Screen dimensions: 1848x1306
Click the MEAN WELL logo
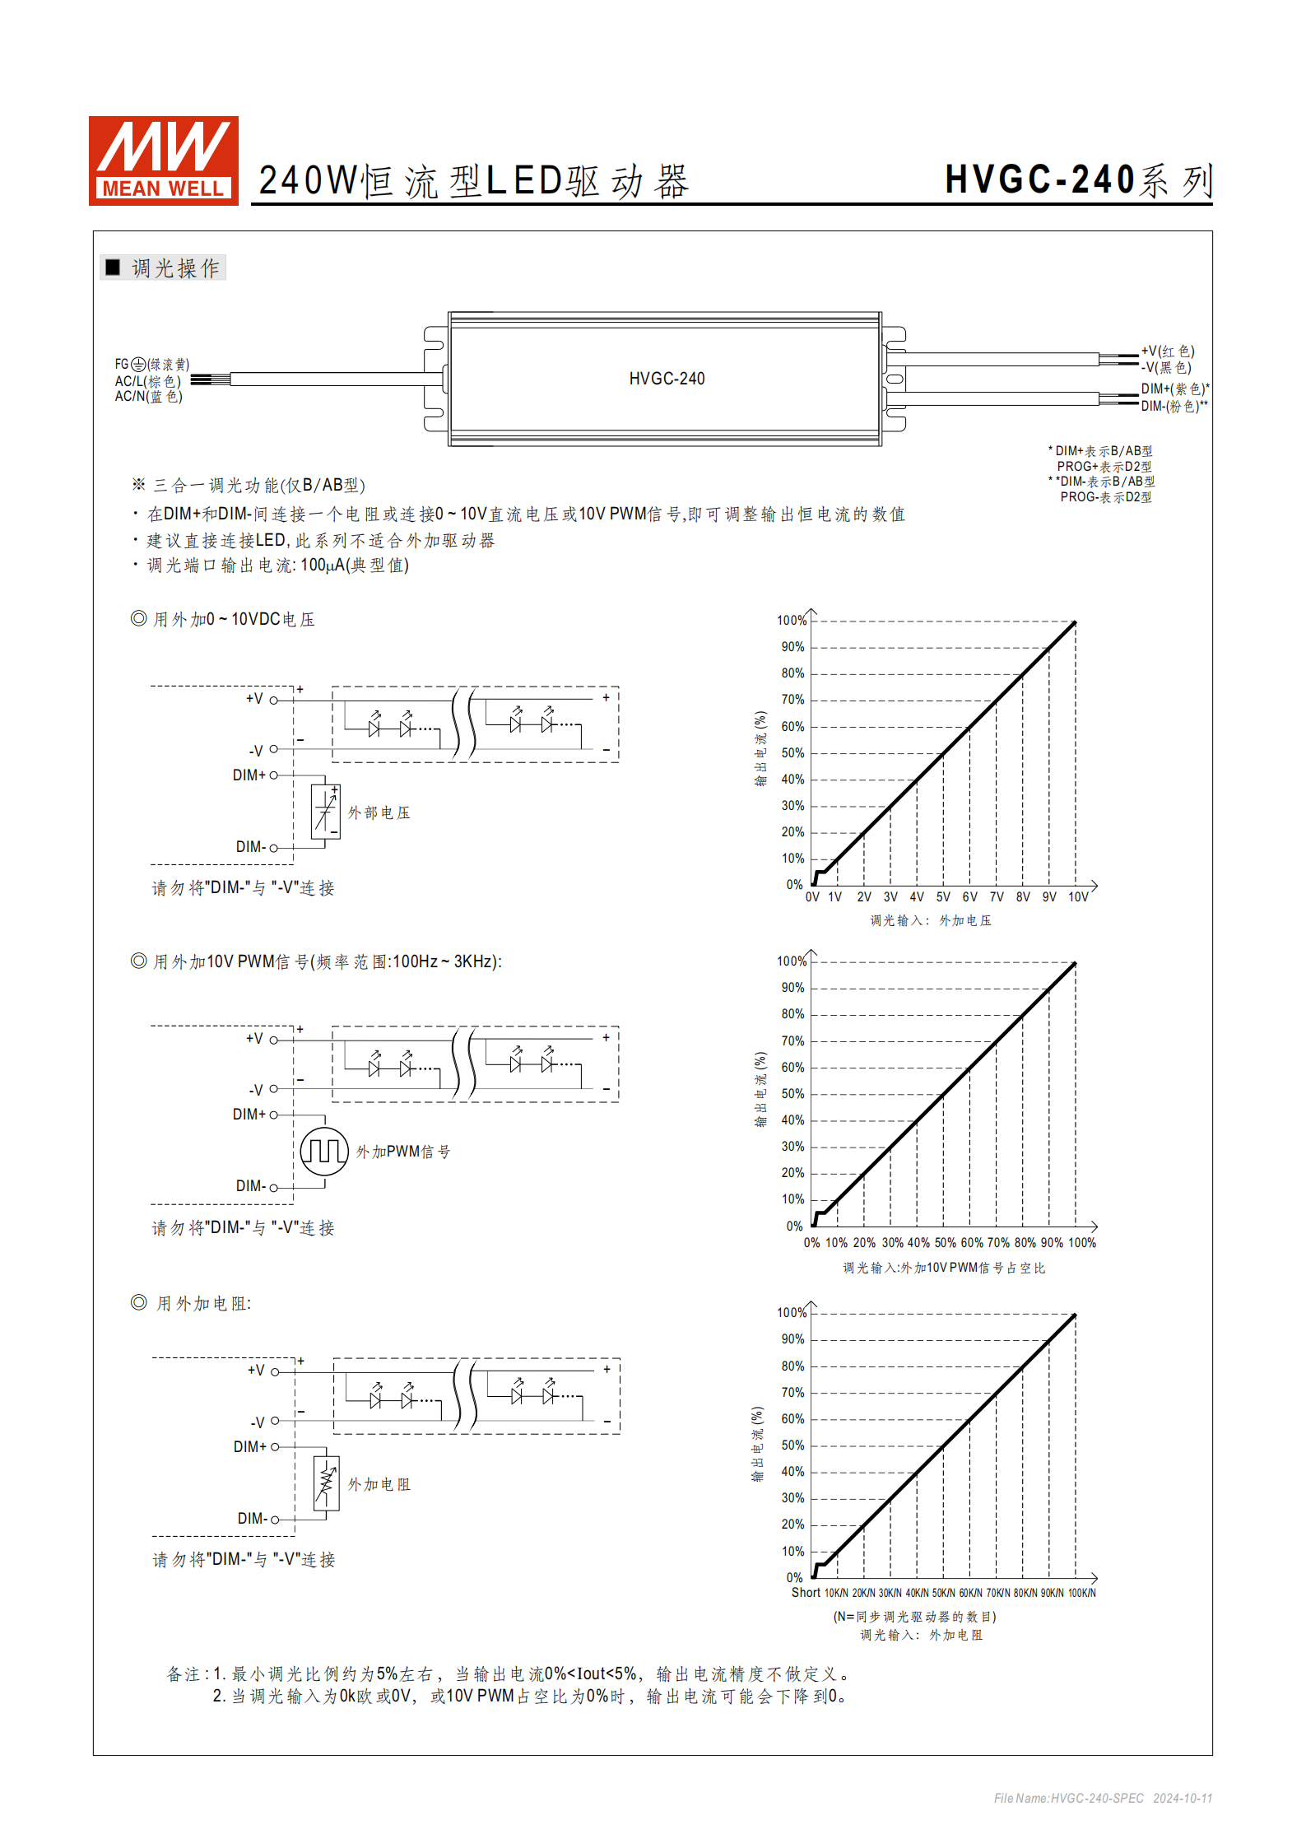(x=163, y=161)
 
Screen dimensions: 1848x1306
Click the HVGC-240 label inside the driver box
(x=667, y=379)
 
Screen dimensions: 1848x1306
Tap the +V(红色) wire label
(x=1167, y=351)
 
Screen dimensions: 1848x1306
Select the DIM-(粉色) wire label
(x=1174, y=406)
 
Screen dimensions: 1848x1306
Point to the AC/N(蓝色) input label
(x=148, y=397)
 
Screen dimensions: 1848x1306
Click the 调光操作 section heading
(x=174, y=268)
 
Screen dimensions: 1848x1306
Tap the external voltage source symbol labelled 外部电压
(x=326, y=812)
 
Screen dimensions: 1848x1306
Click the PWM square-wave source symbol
(x=324, y=1151)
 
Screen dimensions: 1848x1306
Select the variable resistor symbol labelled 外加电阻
(x=327, y=1483)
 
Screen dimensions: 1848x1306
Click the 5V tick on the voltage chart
(x=943, y=897)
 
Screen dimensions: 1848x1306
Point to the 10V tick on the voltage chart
(x=1078, y=897)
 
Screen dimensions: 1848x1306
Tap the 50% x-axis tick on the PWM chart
(x=945, y=1243)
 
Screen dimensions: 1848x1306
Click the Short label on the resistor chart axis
(x=806, y=1593)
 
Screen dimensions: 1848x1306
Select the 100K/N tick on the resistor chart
(x=1081, y=1594)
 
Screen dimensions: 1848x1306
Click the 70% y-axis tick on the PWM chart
(x=792, y=1041)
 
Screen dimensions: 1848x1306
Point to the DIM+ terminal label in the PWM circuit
(x=249, y=1115)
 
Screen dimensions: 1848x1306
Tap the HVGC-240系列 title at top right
(x=1078, y=180)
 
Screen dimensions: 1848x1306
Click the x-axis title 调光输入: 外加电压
(x=931, y=920)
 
